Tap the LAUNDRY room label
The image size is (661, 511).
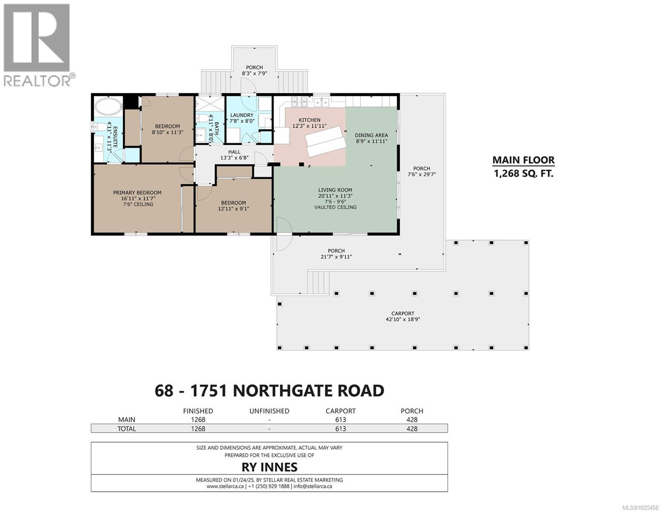[x=242, y=115]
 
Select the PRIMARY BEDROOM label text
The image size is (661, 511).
[x=137, y=192]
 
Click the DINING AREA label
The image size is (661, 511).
[x=372, y=135]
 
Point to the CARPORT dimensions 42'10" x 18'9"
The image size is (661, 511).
[x=403, y=319]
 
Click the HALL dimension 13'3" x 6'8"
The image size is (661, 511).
[x=234, y=158]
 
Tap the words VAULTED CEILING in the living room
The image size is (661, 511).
[x=335, y=207]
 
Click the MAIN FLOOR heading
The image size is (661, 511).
[x=523, y=160]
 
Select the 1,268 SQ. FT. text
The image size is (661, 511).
[x=523, y=173]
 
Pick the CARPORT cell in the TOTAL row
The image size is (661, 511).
[x=340, y=429]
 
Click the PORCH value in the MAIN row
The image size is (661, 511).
[x=412, y=419]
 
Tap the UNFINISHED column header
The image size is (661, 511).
[x=269, y=411]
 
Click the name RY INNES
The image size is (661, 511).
[x=269, y=467]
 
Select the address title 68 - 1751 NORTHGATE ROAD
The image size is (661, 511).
[x=269, y=390]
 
